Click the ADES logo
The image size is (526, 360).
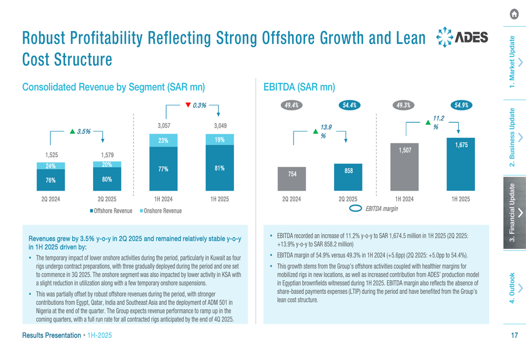462,37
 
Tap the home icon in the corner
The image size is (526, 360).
514,15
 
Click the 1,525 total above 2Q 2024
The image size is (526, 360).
50,155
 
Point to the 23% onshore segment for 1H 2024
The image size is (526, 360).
163,140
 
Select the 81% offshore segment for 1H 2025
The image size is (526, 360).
219,168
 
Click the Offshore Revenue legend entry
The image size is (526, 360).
111,211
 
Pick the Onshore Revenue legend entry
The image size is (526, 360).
160,211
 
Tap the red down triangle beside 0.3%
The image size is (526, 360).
188,105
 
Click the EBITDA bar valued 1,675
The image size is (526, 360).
461,164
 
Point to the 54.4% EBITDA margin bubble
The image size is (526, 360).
349,105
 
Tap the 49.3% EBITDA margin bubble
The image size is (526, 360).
403,105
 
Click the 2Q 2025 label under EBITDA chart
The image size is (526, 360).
348,199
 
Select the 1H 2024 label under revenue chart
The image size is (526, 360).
163,199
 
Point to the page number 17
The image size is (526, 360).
514,335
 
